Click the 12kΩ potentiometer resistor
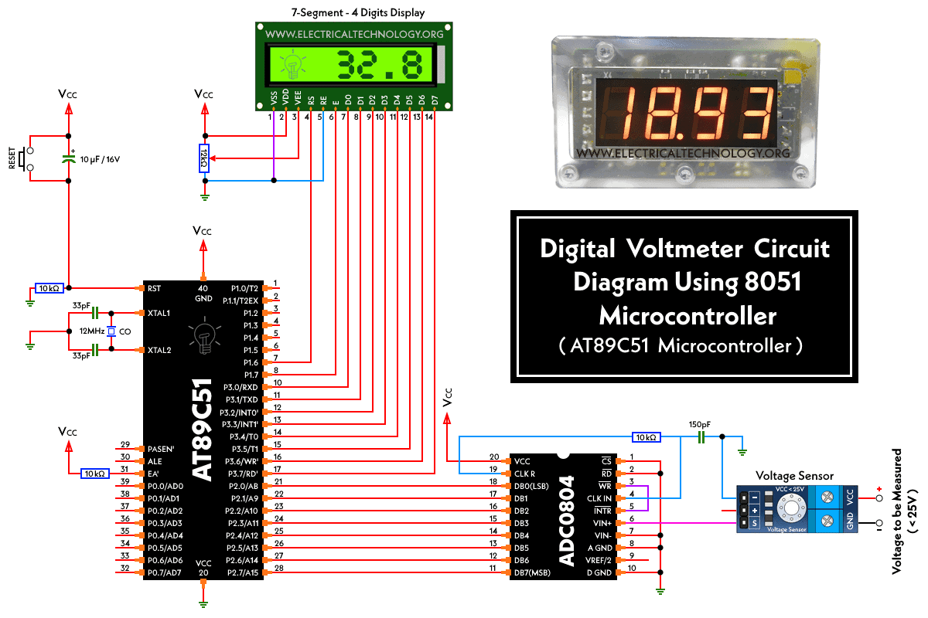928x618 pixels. point(203,158)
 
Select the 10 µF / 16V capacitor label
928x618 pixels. point(100,159)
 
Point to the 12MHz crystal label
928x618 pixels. point(92,331)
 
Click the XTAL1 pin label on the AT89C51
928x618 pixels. point(159,313)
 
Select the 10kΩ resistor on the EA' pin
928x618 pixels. point(95,474)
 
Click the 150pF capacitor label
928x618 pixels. point(700,424)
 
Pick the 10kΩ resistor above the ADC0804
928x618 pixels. point(646,437)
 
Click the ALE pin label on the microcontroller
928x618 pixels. point(155,461)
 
